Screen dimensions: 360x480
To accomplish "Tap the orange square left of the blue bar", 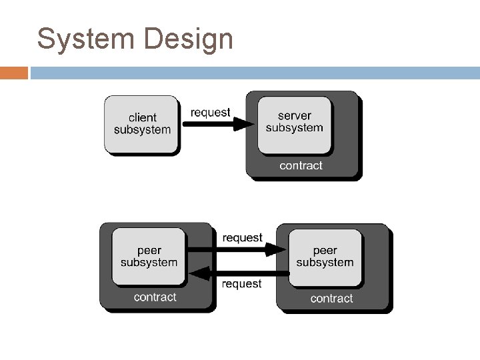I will [14, 73].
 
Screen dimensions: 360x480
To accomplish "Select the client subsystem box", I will [141, 124].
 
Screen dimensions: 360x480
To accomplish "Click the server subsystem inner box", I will [294, 123].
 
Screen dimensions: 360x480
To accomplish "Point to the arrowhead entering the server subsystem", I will [244, 124].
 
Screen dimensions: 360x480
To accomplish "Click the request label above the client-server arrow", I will [210, 113].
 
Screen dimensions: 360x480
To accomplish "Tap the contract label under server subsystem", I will [301, 165].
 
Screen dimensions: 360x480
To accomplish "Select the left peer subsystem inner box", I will [149, 256].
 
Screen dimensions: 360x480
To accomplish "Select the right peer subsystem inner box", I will [325, 257].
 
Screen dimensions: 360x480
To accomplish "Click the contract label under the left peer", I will [155, 297].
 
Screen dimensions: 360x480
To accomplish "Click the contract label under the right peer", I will [331, 298].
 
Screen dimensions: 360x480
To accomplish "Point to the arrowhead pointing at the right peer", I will [275, 250].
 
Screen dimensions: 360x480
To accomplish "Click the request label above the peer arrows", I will [242, 237].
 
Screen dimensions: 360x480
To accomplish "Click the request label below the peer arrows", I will [241, 284].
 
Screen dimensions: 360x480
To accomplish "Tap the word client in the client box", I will [142, 117].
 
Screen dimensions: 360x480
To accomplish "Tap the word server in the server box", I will [294, 116].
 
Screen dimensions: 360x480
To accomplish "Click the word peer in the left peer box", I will [149, 250].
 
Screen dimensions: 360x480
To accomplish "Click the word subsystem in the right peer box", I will [325, 263].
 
